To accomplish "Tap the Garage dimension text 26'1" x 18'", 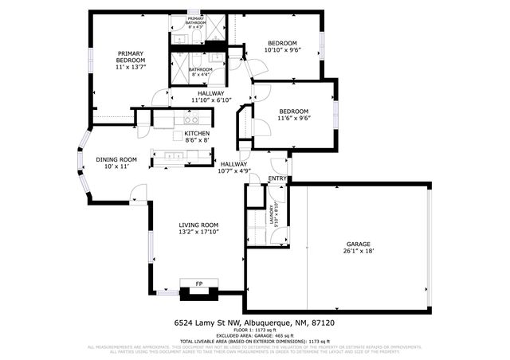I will coord(358,250).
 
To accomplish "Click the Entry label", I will coord(277,178).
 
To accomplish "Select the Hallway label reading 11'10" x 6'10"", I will coord(211,96).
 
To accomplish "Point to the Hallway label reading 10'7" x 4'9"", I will coord(234,166).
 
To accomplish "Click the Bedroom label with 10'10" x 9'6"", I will coord(282,46).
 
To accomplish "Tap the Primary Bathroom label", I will coord(196,22).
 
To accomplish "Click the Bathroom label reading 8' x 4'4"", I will coord(200,72).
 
